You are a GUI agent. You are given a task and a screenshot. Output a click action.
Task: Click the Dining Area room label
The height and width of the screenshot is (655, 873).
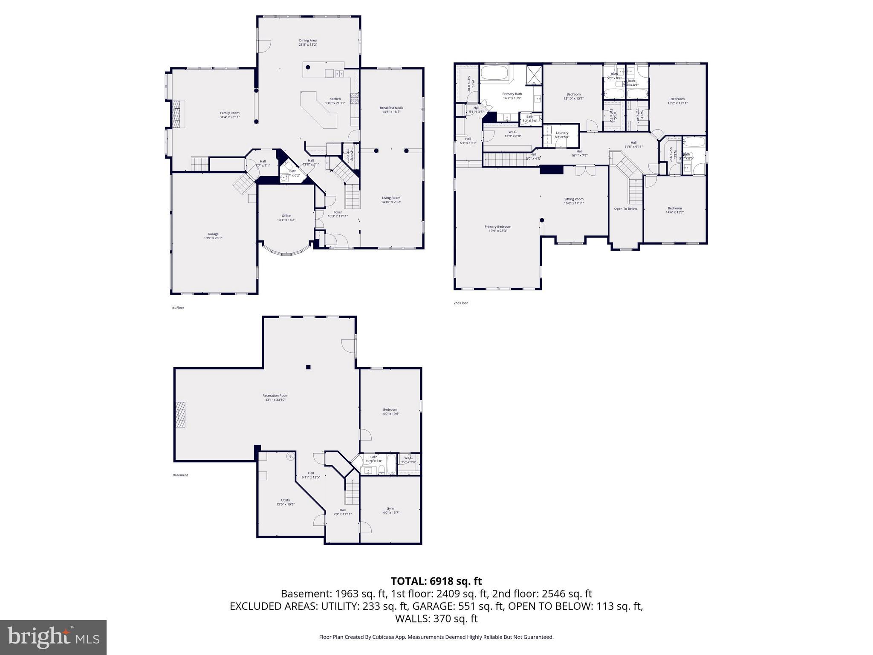click(307, 41)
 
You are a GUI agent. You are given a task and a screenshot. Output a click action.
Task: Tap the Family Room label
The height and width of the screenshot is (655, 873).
click(229, 113)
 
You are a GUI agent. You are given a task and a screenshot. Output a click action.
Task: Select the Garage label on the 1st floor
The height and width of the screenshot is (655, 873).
click(213, 234)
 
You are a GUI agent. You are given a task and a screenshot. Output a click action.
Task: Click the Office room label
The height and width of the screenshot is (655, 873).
click(286, 216)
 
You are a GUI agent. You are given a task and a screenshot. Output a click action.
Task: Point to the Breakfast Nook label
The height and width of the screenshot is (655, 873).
click(391, 108)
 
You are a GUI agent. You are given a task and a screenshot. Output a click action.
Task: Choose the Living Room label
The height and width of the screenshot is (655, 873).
click(390, 198)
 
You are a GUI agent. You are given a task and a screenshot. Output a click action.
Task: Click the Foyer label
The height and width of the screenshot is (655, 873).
click(337, 212)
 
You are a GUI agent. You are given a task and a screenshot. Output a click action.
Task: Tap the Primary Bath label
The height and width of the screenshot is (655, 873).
click(512, 94)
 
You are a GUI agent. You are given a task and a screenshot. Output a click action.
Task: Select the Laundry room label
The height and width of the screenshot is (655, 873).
click(562, 133)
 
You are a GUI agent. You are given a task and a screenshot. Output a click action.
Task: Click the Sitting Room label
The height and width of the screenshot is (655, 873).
click(574, 199)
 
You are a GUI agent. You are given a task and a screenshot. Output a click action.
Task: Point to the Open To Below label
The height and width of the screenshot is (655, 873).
click(625, 209)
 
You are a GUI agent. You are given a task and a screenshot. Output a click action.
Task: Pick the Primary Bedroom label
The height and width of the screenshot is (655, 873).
click(497, 227)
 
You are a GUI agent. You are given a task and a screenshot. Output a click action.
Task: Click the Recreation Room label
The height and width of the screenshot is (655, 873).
click(275, 396)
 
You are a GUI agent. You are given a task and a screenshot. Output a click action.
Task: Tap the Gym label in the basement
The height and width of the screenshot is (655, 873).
click(390, 508)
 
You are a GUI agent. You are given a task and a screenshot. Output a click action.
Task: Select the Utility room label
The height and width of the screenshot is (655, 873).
click(285, 500)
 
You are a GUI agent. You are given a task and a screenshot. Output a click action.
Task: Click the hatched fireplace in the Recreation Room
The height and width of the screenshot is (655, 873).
click(181, 414)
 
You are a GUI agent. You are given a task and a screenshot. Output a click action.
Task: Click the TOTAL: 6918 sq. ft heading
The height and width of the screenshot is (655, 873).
click(436, 581)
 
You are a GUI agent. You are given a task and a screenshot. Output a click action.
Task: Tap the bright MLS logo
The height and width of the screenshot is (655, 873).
click(53, 637)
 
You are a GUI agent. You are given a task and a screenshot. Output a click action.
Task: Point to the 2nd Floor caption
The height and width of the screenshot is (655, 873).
click(460, 303)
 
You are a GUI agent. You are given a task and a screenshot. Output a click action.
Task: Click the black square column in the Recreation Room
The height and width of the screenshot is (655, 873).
click(308, 367)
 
